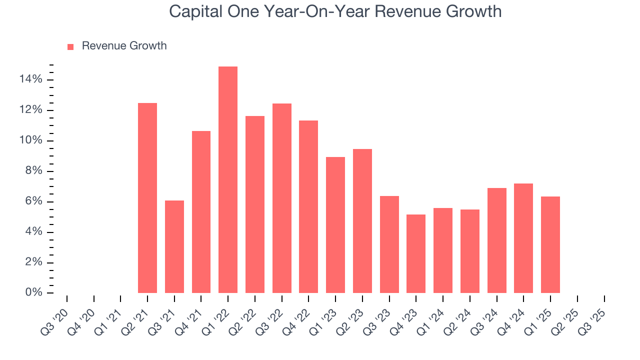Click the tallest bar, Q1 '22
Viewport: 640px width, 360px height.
click(228, 180)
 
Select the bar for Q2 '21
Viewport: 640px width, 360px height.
click(147, 198)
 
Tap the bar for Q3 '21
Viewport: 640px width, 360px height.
click(174, 246)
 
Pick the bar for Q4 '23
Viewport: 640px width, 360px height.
click(416, 253)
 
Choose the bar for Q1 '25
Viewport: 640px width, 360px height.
click(550, 244)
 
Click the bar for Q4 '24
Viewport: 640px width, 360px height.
click(523, 238)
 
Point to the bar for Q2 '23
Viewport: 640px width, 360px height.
click(362, 221)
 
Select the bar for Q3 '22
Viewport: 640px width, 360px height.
click(282, 198)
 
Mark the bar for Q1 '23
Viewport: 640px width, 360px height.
click(335, 225)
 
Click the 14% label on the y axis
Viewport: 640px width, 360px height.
click(31, 79)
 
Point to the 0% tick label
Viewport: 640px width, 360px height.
click(34, 292)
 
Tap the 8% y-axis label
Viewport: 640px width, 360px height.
click(34, 171)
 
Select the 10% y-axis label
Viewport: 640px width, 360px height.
click(31, 140)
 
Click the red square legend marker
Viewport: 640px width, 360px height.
click(70, 46)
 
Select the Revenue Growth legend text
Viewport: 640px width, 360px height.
click(124, 46)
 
